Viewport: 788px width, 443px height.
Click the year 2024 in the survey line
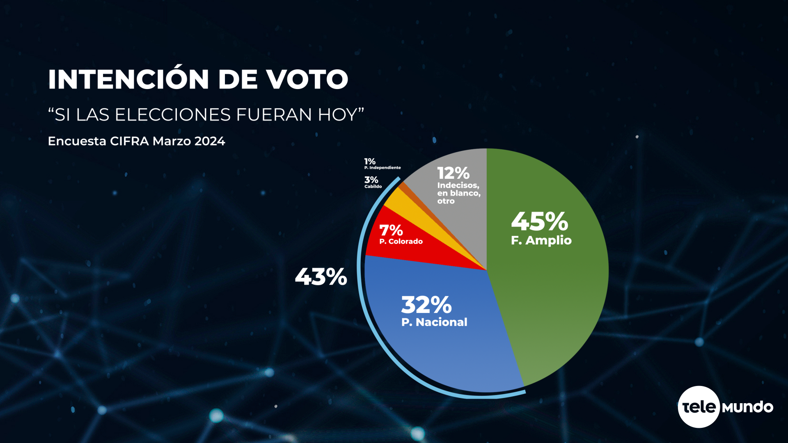click(210, 141)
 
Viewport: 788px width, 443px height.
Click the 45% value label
click(539, 222)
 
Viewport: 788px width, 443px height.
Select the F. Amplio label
click(541, 240)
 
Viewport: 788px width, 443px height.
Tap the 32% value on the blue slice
click(426, 305)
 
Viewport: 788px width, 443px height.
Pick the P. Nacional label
click(434, 322)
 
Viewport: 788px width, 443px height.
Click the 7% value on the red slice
click(391, 231)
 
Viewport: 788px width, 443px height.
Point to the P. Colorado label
click(401, 242)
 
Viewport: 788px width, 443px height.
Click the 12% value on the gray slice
click(453, 173)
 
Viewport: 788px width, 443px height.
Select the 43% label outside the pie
click(321, 277)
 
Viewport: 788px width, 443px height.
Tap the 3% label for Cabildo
click(371, 180)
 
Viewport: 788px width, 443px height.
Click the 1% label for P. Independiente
click(370, 162)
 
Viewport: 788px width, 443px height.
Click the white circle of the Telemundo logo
click(699, 407)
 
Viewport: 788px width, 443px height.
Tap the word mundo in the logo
click(747, 407)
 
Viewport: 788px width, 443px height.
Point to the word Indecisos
click(458, 185)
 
